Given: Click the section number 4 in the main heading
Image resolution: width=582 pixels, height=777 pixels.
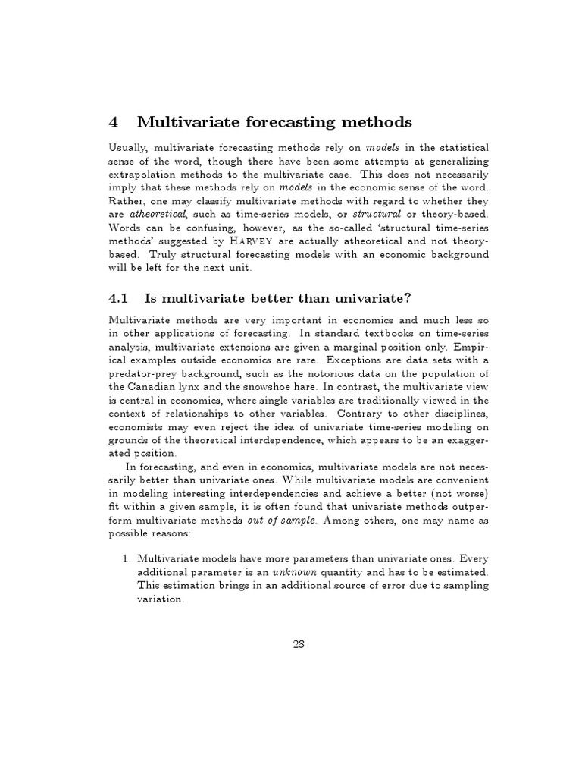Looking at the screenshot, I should point(114,121).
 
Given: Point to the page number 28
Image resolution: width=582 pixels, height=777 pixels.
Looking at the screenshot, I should point(298,644).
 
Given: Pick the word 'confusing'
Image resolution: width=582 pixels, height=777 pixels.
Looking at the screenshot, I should point(206,228).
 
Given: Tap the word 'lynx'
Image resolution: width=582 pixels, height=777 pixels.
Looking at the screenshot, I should point(194,387).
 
